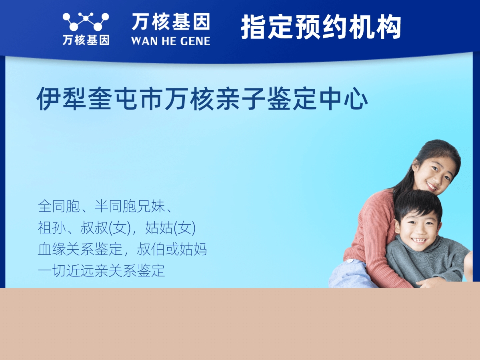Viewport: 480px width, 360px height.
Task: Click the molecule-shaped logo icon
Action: [86, 22]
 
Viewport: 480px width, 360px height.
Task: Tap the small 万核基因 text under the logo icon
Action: [86, 40]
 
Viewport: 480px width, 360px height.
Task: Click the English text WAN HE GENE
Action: [170, 41]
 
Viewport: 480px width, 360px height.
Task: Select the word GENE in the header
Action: [195, 41]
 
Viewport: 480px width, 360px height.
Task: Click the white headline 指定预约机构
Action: [321, 27]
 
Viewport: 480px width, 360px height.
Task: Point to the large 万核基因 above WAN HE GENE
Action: [171, 22]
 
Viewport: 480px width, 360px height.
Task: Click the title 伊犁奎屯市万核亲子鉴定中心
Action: [202, 98]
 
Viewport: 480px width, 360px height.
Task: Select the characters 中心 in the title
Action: [344, 98]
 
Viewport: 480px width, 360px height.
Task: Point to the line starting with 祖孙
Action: [117, 228]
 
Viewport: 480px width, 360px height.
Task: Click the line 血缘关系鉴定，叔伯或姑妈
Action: [122, 249]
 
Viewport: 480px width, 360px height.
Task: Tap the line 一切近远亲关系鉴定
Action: [101, 271]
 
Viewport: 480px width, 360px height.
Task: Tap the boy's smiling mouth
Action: [418, 240]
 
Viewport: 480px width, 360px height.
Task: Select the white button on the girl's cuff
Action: [350, 261]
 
